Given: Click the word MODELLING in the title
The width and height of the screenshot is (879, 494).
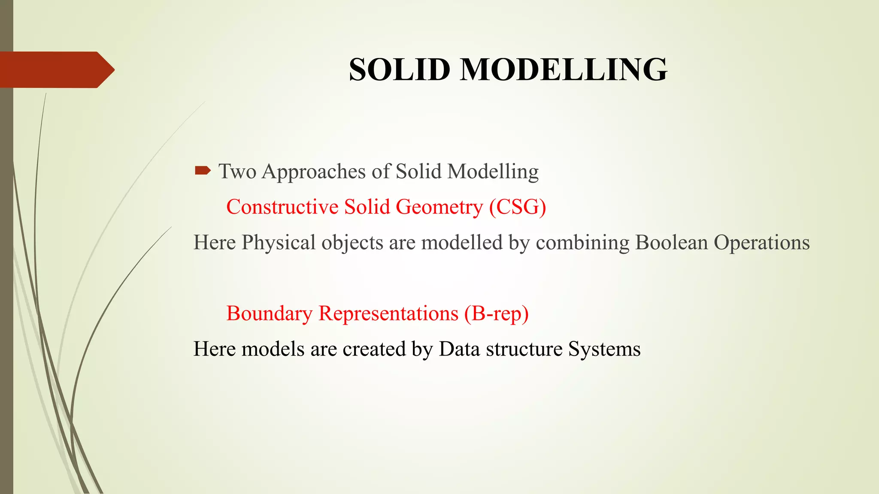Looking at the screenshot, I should click(564, 69).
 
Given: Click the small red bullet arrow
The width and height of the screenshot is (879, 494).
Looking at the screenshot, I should click(202, 171).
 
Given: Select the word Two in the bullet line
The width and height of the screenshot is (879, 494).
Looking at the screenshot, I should click(237, 172).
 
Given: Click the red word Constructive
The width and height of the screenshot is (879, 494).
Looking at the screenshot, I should click(282, 207).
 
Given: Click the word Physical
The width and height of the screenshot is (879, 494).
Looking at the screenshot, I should click(279, 243).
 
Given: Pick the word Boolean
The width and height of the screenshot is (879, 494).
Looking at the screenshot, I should click(671, 243).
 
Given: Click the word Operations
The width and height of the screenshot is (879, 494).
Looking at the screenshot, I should click(761, 243).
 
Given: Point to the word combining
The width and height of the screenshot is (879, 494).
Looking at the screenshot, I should click(582, 243).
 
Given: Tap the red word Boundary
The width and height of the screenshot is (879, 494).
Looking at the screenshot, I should click(269, 314).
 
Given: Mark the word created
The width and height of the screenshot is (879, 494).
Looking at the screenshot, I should click(374, 349).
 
